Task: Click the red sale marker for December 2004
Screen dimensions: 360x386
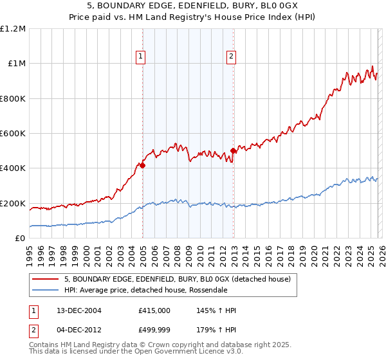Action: (x=143, y=165)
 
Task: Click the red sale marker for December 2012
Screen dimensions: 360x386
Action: (x=233, y=151)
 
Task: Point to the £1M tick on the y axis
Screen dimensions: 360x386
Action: (x=16, y=64)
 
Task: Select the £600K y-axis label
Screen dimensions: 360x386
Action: (x=13, y=134)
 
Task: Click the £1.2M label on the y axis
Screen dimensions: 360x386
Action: (x=14, y=29)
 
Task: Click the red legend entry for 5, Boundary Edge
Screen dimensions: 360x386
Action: (x=177, y=279)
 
